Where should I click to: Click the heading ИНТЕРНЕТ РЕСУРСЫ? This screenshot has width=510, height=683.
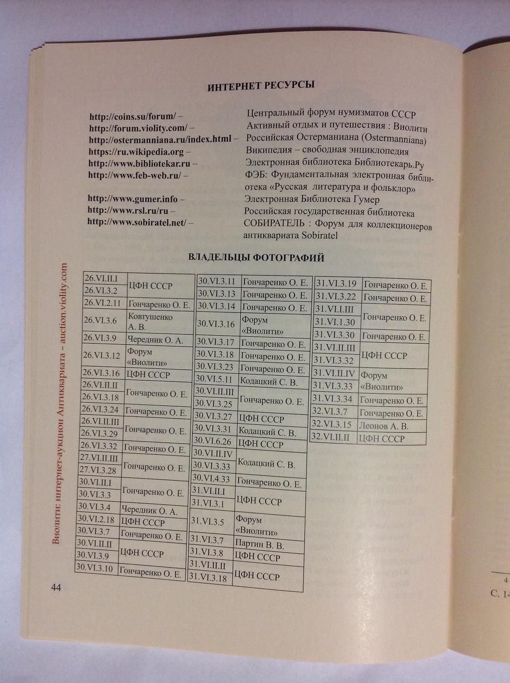point(261,86)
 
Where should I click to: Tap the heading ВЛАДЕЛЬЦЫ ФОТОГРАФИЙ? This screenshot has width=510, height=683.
point(256,258)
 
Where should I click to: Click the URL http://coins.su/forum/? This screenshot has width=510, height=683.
point(132,116)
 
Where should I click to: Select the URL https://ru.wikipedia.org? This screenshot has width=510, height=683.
point(136,152)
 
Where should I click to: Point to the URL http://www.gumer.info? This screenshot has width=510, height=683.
point(132,199)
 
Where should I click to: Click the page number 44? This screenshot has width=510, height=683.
point(56,588)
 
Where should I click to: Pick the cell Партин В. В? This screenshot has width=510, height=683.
point(260,544)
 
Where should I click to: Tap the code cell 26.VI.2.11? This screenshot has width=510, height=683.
point(104,304)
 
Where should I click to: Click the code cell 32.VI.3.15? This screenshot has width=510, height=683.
point(332,424)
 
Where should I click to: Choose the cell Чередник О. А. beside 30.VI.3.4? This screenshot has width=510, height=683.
point(150,510)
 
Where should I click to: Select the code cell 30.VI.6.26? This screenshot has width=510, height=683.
point(213,441)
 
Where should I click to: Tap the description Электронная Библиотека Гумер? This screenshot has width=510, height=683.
point(312,200)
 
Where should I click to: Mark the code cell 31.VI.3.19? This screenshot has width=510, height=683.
point(336,284)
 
